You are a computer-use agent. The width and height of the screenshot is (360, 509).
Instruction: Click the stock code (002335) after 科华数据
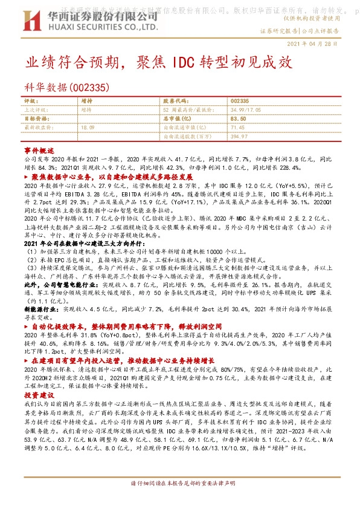tap(89, 87)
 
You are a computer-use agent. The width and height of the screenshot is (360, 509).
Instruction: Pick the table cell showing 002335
tap(240, 100)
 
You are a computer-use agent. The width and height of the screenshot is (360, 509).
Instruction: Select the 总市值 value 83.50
tap(237, 119)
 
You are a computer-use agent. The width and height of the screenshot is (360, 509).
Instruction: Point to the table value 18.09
tap(88, 128)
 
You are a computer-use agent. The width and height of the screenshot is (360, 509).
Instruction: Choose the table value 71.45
tap(237, 128)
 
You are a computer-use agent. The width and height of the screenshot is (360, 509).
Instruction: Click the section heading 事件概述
tap(39, 149)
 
